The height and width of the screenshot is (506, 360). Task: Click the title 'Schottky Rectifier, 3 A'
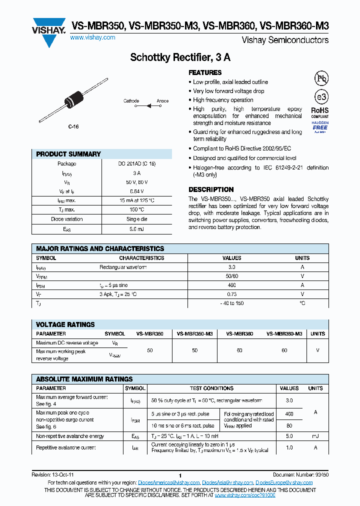pyautogui.click(x=180, y=57)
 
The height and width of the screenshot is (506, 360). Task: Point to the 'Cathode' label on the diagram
pyautogui.click(x=131, y=100)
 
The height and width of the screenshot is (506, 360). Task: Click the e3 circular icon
pyautogui.click(x=320, y=97)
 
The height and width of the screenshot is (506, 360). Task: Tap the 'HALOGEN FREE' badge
pyautogui.click(x=320, y=127)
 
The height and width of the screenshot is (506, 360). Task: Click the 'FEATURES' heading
pyautogui.click(x=205, y=72)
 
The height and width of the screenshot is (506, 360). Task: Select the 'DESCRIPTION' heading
pyautogui.click(x=211, y=189)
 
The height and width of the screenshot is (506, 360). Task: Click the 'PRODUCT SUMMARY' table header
pyautogui.click(x=68, y=154)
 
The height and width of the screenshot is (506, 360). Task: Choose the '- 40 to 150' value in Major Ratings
pyautogui.click(x=231, y=303)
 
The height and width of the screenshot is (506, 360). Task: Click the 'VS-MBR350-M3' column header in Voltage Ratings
pyautogui.click(x=195, y=333)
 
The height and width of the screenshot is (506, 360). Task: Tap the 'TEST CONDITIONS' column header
pyautogui.click(x=211, y=388)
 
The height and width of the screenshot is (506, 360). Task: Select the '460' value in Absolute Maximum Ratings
pyautogui.click(x=289, y=414)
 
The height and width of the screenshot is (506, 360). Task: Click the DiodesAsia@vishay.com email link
pyautogui.click(x=228, y=482)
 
